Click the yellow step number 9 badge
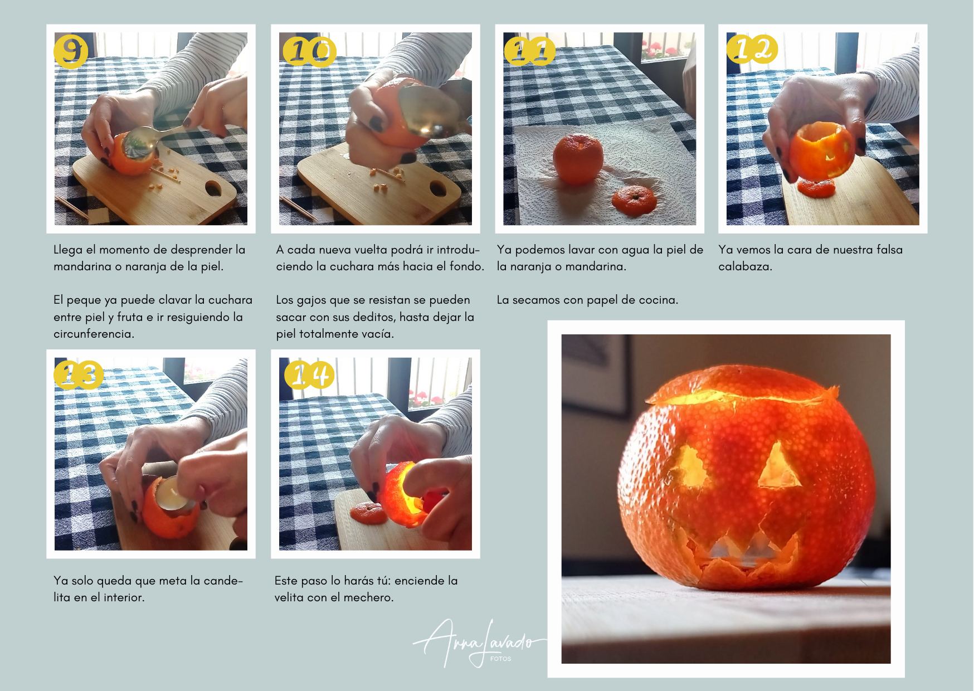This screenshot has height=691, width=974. pyautogui.click(x=71, y=51)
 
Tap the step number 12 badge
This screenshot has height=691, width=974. pyautogui.click(x=752, y=49)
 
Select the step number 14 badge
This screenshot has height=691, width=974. pyautogui.click(x=309, y=374)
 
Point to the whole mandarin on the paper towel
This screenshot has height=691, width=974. pyautogui.click(x=578, y=159)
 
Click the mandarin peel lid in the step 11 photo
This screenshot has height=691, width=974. pyautogui.click(x=634, y=201)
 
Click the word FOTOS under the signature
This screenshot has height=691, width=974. pyautogui.click(x=500, y=659)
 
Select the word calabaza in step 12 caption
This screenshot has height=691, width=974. pyautogui.click(x=745, y=266)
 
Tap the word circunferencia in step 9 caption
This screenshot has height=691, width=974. pyautogui.click(x=94, y=334)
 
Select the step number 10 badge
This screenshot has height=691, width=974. pyautogui.click(x=309, y=51)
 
